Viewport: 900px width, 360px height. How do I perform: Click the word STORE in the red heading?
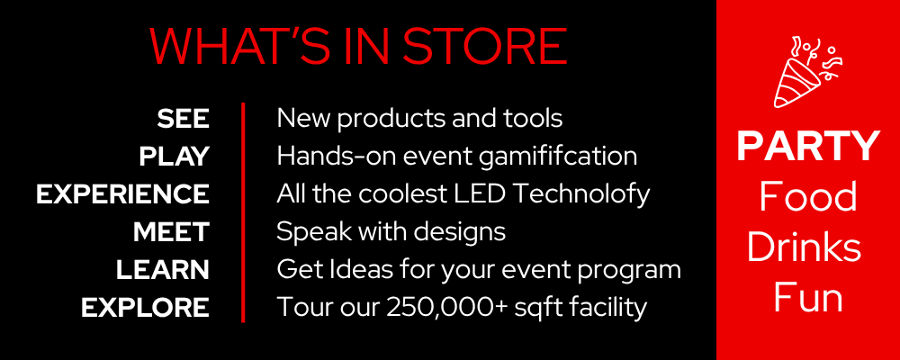coord(485,46)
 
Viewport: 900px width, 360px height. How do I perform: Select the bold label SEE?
coord(183,119)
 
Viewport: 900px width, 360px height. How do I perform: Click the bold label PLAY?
coord(174,157)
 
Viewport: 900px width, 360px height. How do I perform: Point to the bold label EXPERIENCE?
coord(122,194)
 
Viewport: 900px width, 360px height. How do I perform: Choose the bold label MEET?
coord(171,232)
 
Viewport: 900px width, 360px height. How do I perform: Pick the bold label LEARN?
coord(163,270)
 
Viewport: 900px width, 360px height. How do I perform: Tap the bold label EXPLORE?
coord(145,308)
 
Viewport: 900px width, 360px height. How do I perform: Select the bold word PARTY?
coord(808,147)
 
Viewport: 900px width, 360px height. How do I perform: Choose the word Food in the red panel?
coord(808,196)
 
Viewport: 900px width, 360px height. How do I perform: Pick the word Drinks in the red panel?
coord(804,247)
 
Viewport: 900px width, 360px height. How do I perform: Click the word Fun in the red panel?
coord(808,298)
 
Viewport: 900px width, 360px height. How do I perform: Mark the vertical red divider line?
coord(243,212)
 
